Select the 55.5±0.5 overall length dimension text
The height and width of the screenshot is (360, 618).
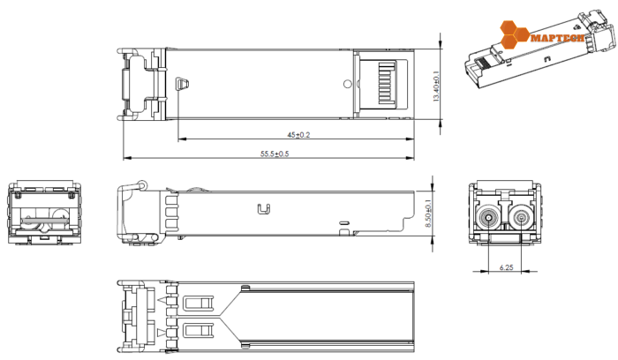pos(275,154)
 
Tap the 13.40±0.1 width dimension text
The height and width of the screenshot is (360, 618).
pos(436,84)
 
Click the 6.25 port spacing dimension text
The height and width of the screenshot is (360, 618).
pos(506,266)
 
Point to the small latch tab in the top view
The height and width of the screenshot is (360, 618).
pos(183,84)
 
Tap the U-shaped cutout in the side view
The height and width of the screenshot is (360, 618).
pos(262,209)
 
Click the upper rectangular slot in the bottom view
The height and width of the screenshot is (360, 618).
pos(199,303)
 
